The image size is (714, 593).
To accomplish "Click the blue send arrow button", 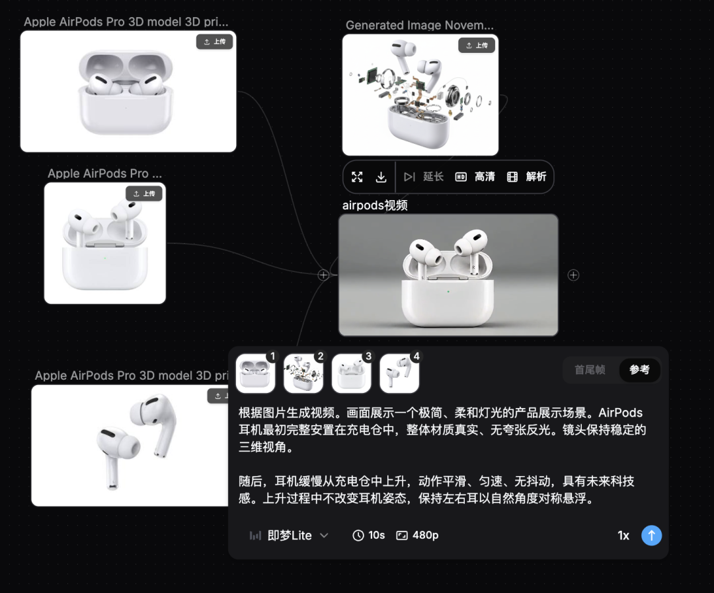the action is (x=651, y=536).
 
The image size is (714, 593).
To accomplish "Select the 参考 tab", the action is (x=639, y=370).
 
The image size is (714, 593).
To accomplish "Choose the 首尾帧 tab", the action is (x=590, y=370).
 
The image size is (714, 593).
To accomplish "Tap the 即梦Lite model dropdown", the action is (x=289, y=536).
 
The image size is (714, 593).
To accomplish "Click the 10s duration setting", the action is (x=369, y=536).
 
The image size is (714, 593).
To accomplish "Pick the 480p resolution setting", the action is (x=417, y=536).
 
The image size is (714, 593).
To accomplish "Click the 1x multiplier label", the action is (x=623, y=536).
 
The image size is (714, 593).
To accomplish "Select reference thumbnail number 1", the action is (x=255, y=373).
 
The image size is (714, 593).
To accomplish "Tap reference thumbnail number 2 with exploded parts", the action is (x=303, y=373).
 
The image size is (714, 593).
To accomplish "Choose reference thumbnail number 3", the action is (x=351, y=373).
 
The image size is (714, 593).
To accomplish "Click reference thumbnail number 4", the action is (x=399, y=373).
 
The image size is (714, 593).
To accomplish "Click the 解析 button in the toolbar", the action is (x=526, y=176).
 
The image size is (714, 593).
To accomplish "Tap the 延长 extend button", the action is (x=424, y=176).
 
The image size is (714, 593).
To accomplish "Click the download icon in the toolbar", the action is (x=381, y=177).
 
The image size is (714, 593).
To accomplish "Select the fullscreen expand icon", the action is (x=357, y=177).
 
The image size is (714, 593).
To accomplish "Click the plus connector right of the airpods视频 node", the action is (x=573, y=275).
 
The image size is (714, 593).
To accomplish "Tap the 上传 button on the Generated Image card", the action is (x=477, y=46).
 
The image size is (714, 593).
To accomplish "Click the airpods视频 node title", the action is (x=375, y=205).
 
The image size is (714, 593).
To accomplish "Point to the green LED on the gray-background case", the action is (x=448, y=291).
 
